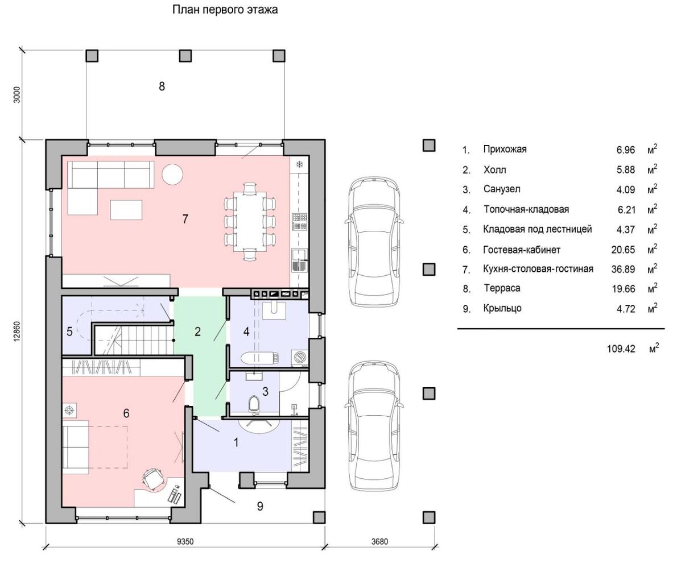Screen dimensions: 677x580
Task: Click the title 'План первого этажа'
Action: tap(225, 10)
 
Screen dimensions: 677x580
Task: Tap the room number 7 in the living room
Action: tap(185, 219)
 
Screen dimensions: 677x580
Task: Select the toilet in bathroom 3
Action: tap(254, 404)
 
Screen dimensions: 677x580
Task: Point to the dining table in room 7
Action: tap(249, 222)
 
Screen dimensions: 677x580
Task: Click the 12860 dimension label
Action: tap(17, 332)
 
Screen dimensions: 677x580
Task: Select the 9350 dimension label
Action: tap(185, 541)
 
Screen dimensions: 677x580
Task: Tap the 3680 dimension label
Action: tap(379, 541)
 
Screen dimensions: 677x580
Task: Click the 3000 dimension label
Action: tap(17, 94)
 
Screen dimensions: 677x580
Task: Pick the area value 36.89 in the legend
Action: tap(623, 270)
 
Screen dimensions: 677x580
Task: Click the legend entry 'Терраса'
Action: tap(502, 288)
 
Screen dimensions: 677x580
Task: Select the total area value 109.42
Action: tap(621, 349)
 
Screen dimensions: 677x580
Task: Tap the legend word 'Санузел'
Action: tap(502, 189)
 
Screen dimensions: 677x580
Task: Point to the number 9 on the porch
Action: tap(260, 506)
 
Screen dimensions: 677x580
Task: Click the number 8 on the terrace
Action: tap(162, 86)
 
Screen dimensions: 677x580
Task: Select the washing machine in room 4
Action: tap(300, 357)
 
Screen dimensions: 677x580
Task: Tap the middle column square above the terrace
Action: tap(185, 56)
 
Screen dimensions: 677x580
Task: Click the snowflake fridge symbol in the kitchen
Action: tap(300, 164)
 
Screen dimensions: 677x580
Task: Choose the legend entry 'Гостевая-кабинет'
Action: tap(522, 250)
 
